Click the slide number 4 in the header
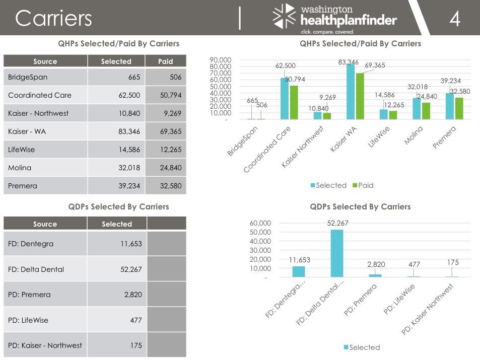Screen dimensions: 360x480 [454, 19]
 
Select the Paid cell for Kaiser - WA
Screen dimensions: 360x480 [165, 131]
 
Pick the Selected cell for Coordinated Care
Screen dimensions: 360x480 [116, 95]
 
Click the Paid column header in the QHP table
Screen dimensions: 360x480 [165, 61]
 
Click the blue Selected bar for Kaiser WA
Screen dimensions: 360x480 [351, 92]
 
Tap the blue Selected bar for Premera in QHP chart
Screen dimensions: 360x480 [449, 106]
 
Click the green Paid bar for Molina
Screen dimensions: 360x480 [426, 111]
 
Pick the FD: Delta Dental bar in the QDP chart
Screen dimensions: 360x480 [337, 253]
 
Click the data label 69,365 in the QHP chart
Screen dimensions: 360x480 [375, 65]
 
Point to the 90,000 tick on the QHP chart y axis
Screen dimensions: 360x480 [221, 60]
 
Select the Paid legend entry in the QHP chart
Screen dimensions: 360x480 [362, 185]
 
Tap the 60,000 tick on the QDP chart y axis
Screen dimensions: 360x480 [260, 223]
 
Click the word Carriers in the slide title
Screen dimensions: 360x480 [53, 19]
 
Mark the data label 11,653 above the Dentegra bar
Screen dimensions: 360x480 [300, 260]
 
